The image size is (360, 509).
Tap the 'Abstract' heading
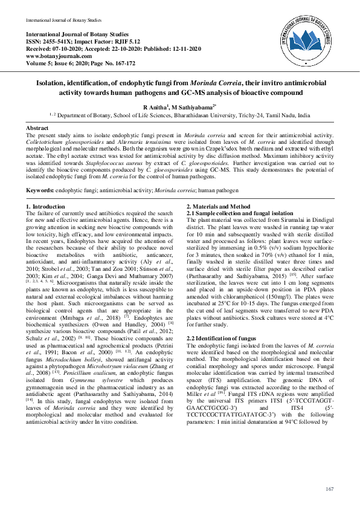click(x=37, y=128)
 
